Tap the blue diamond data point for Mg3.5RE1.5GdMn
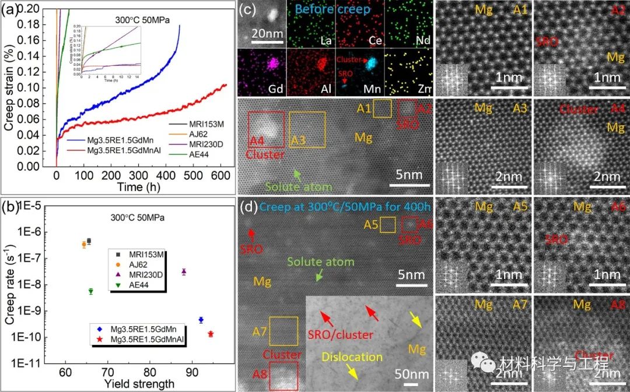pos(201,320)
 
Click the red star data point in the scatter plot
pos(211,334)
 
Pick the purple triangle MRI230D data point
pos(184,271)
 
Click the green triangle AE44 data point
pos(90,291)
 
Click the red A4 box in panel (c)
pos(266,129)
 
